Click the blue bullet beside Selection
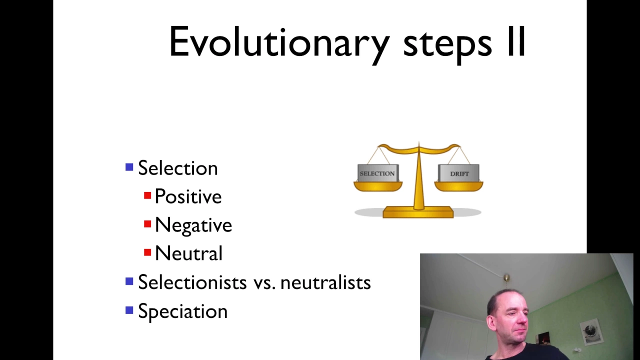[x=129, y=167]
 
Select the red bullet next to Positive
[x=147, y=195]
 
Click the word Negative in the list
[x=193, y=225]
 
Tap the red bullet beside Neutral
[x=147, y=252]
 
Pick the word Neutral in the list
[x=188, y=253]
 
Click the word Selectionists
[x=192, y=282]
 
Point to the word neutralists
[x=325, y=282]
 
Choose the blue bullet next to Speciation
[x=129, y=310]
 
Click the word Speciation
[x=183, y=312]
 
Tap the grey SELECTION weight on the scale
[x=377, y=173]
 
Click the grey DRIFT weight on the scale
[x=459, y=173]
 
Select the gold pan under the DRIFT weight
[x=459, y=186]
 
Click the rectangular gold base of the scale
[x=418, y=212]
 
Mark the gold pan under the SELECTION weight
[x=378, y=186]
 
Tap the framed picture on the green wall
[x=591, y=332]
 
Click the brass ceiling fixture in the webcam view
[x=506, y=278]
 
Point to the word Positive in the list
[x=188, y=197]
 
